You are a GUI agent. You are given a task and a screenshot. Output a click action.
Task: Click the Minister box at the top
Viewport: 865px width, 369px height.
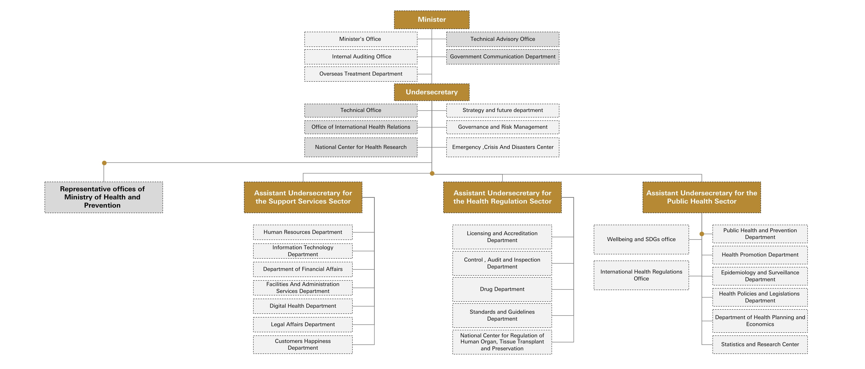pos(432,19)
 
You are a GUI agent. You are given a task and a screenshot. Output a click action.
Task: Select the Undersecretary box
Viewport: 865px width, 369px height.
pos(432,92)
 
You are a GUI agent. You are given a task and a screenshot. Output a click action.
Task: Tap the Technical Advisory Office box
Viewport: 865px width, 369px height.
pos(502,39)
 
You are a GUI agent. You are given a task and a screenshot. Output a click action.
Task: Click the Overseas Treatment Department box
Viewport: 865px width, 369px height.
pos(361,74)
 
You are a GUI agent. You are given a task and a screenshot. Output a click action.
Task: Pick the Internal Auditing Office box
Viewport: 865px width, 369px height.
pos(361,57)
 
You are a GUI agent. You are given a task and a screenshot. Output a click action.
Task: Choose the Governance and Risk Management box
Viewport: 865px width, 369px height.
pos(502,127)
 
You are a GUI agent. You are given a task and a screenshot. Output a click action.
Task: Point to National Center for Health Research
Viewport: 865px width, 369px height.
pos(361,147)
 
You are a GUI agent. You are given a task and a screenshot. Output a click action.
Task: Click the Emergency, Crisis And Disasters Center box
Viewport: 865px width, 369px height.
pos(502,147)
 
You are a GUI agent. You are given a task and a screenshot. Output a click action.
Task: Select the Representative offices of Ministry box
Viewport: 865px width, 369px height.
pos(103,197)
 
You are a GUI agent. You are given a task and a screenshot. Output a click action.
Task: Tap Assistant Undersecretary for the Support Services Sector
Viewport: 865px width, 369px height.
pos(303,197)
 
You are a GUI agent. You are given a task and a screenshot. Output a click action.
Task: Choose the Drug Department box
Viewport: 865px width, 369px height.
pos(502,289)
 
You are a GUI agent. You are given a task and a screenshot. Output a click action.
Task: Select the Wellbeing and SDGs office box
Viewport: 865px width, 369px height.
pos(641,239)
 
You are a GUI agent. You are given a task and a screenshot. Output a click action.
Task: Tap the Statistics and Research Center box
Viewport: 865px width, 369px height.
pos(760,344)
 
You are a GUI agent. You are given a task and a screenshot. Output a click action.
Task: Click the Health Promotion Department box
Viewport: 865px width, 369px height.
pos(760,255)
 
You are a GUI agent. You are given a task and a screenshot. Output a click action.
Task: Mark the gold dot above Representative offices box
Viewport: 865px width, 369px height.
pos(104,163)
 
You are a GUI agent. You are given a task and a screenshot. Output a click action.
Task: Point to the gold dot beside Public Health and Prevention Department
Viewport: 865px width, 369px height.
pos(702,234)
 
